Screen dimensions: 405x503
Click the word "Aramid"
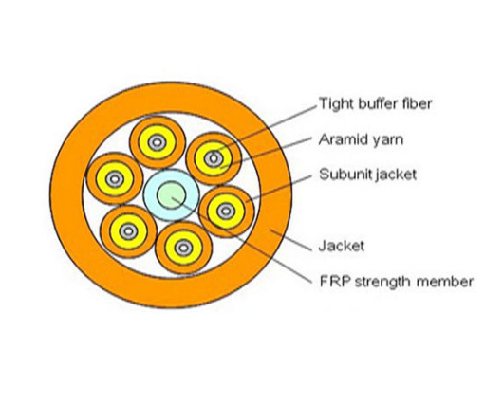point(342,139)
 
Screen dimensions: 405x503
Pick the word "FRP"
point(331,281)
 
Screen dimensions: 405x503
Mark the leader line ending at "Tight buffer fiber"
point(275,127)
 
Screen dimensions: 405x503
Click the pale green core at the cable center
point(171,195)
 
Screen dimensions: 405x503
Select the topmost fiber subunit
point(155,141)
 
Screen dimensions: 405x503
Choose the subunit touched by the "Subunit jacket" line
point(227,211)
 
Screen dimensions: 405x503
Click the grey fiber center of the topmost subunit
point(155,141)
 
